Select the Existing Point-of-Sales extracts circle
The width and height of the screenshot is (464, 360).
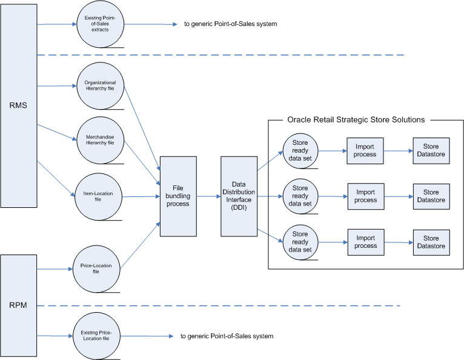click(101, 25)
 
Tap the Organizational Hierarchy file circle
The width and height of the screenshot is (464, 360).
click(101, 86)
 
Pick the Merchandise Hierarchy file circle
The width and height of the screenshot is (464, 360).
click(101, 140)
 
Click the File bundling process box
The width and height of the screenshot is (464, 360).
click(178, 196)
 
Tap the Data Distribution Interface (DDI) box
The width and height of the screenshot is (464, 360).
click(239, 196)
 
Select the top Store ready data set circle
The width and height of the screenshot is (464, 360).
click(300, 150)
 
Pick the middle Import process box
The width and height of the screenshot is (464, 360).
click(365, 196)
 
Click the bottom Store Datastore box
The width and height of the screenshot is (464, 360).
click(431, 242)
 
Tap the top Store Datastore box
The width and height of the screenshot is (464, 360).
click(431, 150)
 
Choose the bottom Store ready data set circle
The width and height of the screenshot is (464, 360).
click(300, 242)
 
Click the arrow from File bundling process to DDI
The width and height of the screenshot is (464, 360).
click(208, 196)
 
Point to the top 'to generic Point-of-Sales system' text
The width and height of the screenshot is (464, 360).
click(230, 25)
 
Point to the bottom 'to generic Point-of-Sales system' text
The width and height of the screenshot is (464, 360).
click(227, 336)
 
